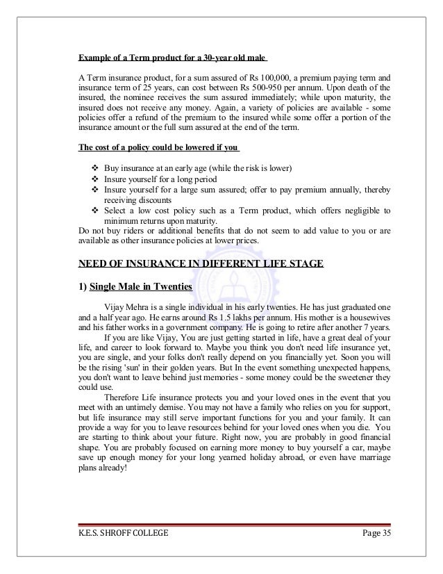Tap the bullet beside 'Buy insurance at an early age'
(95, 170)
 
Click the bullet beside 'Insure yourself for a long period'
(95, 180)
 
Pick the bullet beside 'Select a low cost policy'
(95, 211)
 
